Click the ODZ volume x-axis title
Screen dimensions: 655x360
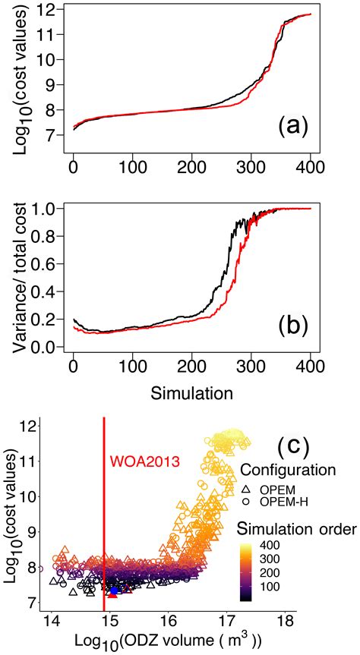pos(175,638)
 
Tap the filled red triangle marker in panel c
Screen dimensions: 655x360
pos(112,594)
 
